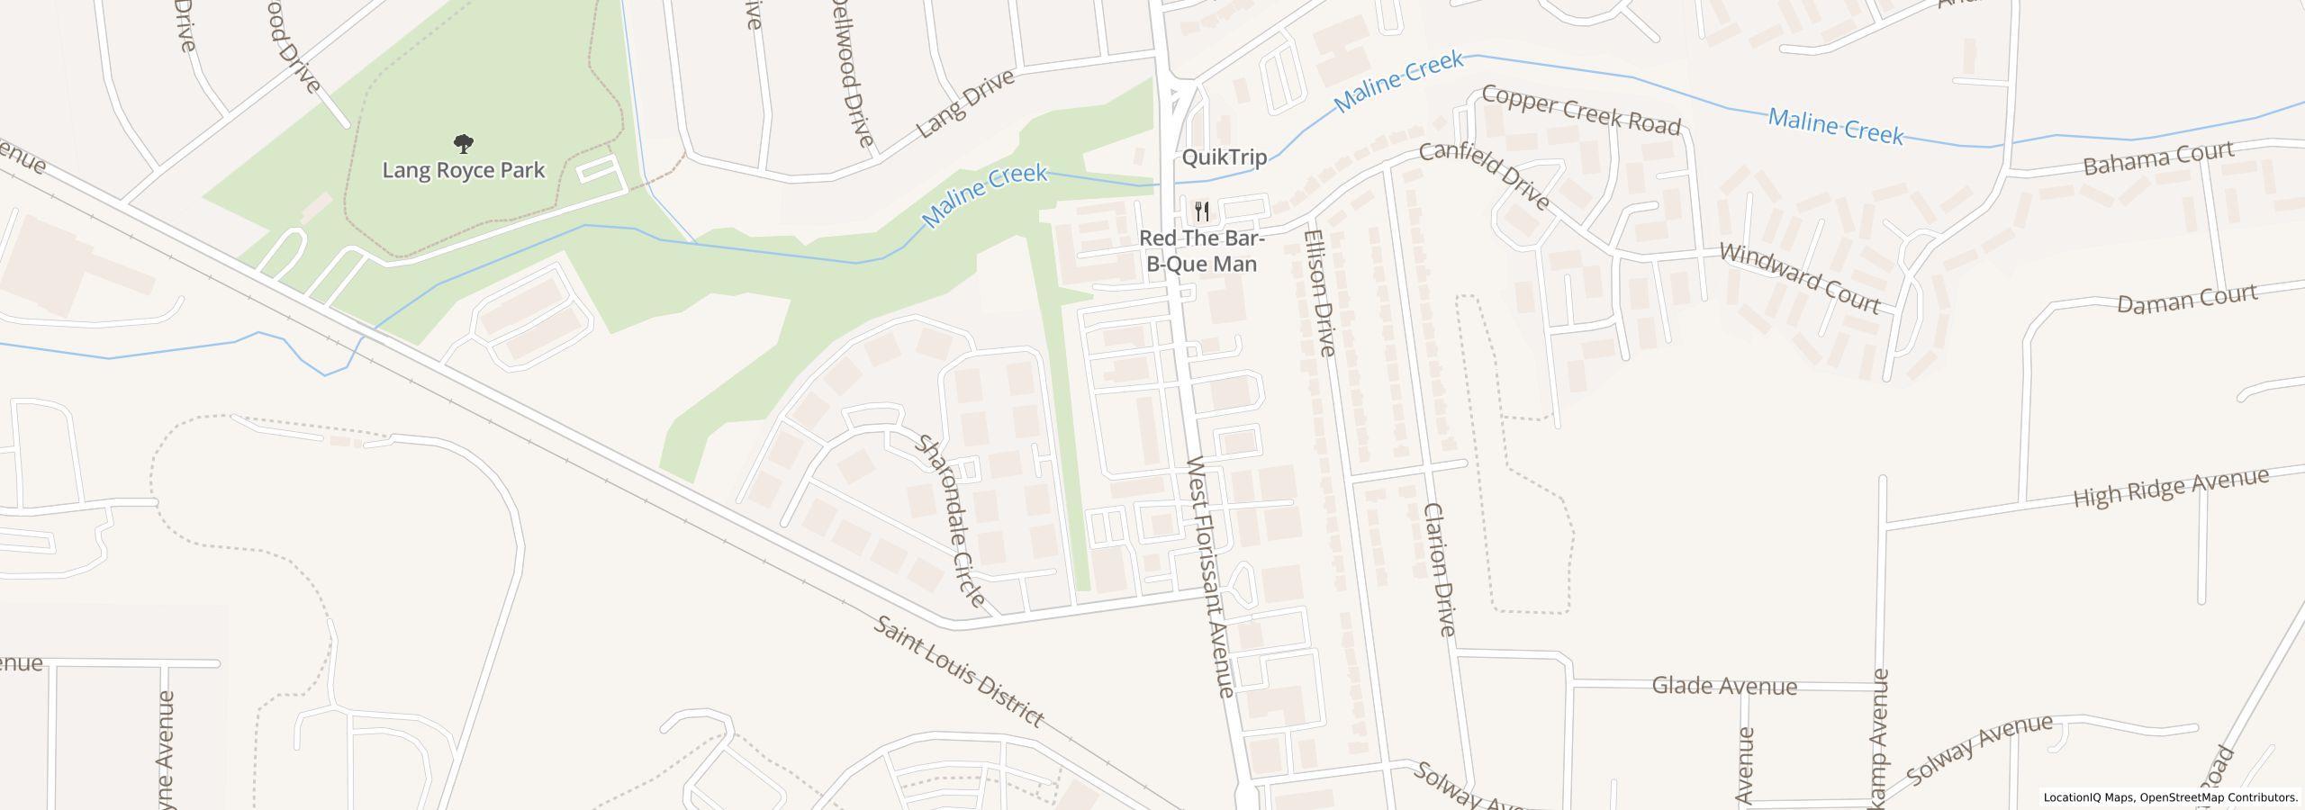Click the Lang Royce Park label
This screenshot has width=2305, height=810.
464,170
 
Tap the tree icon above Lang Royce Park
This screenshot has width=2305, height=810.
464,142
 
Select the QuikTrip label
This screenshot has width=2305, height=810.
1224,157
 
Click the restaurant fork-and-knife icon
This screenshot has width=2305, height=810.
1202,212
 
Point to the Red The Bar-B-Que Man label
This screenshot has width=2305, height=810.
1202,251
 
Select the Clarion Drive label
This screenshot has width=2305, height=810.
1439,569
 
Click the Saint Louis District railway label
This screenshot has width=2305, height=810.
959,672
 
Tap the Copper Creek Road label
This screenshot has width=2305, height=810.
1581,110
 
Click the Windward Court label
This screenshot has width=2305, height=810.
1800,278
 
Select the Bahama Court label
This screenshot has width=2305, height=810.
2158,158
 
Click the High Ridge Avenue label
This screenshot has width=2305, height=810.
2170,488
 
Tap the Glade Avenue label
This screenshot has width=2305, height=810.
1724,687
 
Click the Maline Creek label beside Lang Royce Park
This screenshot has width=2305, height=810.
985,194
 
